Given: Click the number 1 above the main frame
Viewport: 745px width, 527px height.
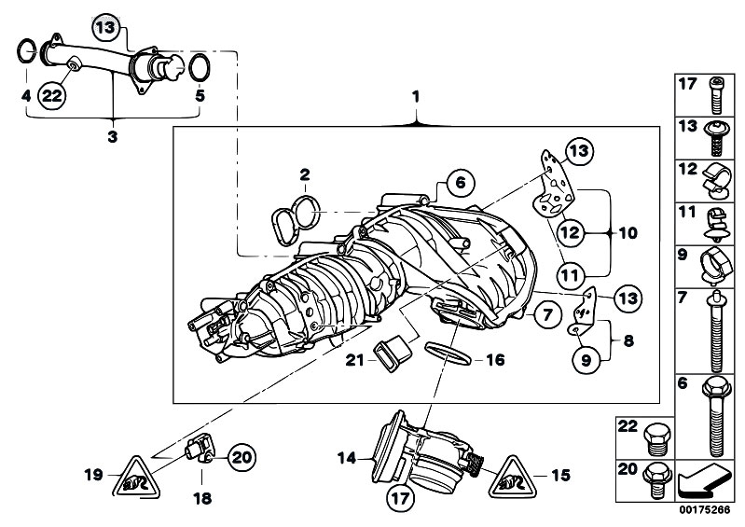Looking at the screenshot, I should (417, 96).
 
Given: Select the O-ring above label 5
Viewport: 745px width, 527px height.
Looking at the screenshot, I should (198, 67).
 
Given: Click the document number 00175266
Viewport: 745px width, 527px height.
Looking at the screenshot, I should (705, 511).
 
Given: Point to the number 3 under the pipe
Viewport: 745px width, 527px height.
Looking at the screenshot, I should (112, 136).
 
